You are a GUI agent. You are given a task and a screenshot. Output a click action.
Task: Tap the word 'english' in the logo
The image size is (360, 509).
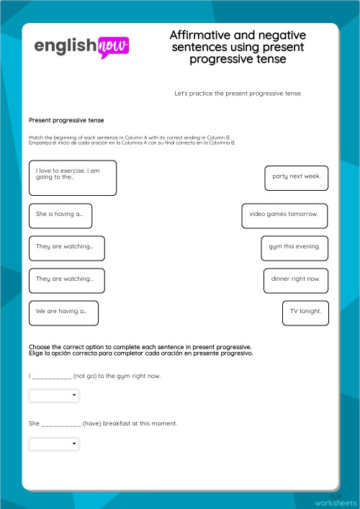(65, 46)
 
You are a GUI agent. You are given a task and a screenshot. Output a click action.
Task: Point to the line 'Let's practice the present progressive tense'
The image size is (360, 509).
(237, 94)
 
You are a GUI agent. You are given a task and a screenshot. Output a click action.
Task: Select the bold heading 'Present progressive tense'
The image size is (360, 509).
(66, 120)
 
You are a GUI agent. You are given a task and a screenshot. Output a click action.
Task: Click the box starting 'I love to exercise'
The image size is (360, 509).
(72, 178)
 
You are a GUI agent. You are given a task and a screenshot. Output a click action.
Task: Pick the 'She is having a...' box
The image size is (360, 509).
(60, 215)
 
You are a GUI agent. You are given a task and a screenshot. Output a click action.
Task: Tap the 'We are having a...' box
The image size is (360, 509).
(63, 312)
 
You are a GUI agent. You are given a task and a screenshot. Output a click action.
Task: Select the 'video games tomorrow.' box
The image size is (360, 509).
(284, 215)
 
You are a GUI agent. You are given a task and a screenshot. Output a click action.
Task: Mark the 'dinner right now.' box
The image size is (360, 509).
(295, 279)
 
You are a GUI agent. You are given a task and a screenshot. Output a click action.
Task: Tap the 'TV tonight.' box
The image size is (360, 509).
(305, 312)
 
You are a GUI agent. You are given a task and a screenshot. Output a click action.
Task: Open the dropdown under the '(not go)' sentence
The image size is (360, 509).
(54, 396)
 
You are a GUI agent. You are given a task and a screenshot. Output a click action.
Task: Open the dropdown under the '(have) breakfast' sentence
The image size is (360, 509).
(54, 444)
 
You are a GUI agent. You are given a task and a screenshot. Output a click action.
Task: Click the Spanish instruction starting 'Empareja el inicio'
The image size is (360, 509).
(130, 143)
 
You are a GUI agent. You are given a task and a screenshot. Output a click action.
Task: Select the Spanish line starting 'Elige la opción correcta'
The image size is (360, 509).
(140, 353)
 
